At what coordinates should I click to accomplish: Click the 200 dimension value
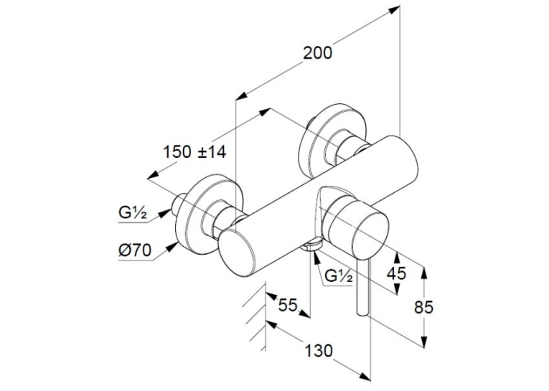pos(317,53)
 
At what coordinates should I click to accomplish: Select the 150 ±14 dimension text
pos(195,152)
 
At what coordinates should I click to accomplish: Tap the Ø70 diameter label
pos(135,250)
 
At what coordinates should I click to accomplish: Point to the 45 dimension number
pos(396,273)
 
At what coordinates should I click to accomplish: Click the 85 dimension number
pos(423,307)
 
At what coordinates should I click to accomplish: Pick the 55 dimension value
pos(288,305)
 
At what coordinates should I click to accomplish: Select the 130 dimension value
pos(318,351)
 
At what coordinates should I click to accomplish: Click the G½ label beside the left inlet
pos(132,214)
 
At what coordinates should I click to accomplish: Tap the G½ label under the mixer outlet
pos(339,276)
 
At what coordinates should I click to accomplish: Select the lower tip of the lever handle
pos(362,314)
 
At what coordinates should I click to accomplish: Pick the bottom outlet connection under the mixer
pos(311,244)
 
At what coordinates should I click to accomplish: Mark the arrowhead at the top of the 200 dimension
pos(395,9)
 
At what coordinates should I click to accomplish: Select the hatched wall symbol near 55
pos(255,317)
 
